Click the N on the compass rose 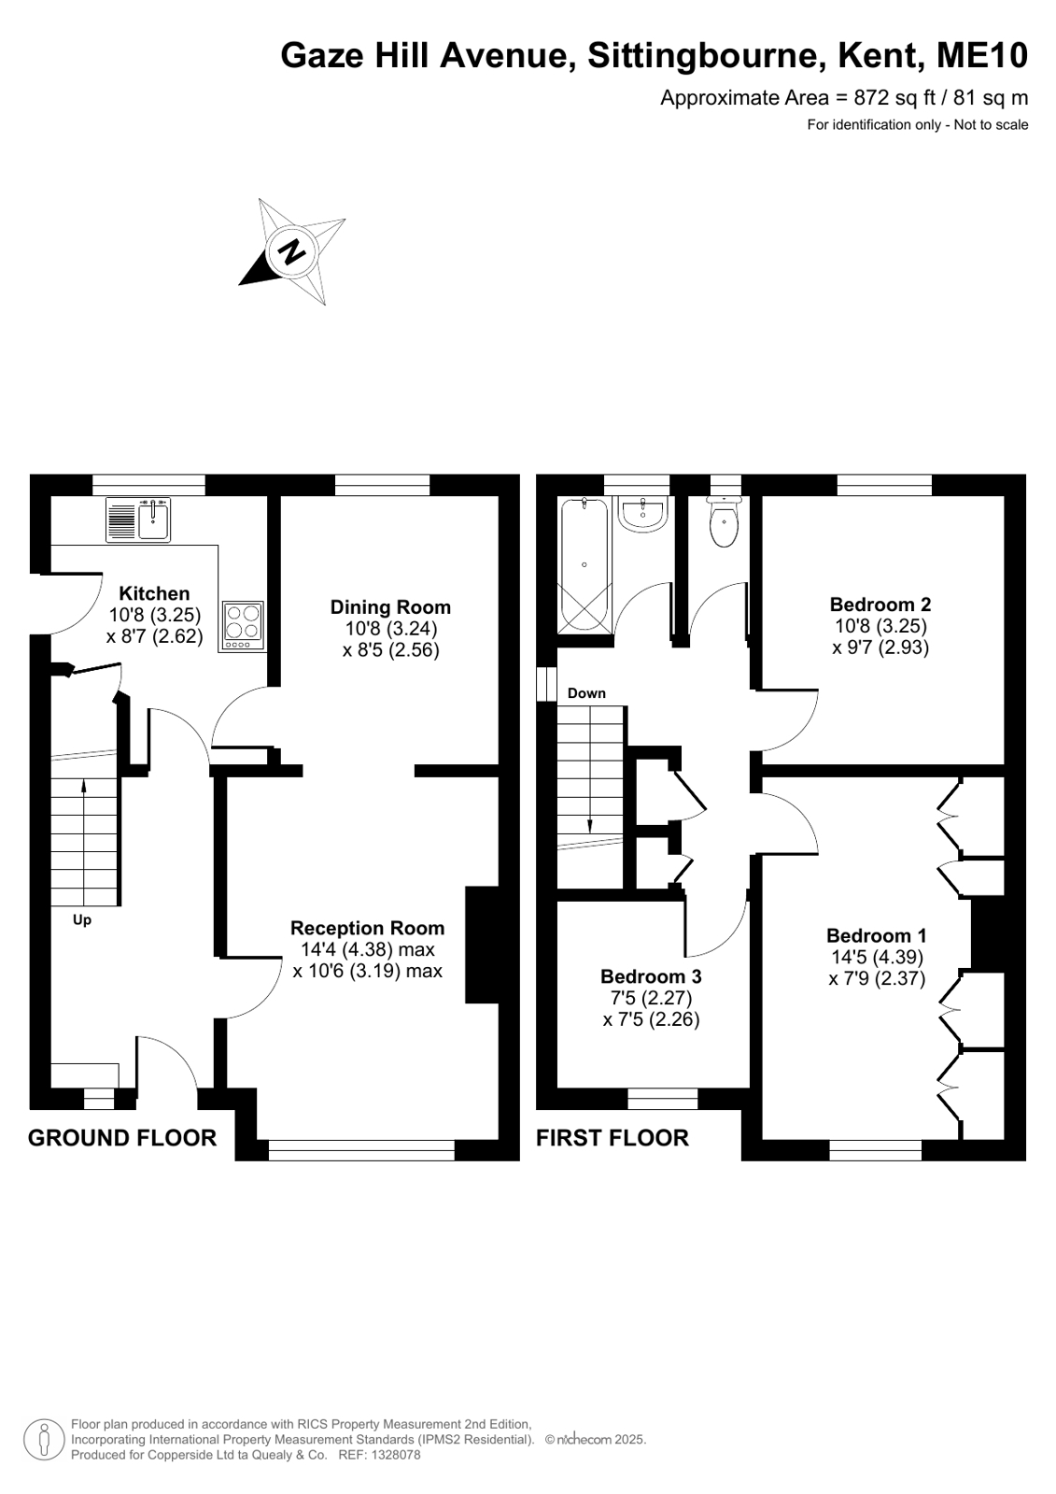[x=290, y=253]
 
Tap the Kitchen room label [x=154, y=593]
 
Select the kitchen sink [x=138, y=519]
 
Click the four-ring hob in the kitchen [x=243, y=626]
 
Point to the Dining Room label [x=390, y=607]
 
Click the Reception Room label [x=367, y=928]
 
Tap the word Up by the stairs [x=82, y=920]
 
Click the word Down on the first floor [x=586, y=693]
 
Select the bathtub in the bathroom [x=584, y=565]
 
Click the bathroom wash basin [x=642, y=515]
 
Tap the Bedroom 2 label [x=880, y=605]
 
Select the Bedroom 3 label [x=651, y=976]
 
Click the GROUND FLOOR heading [x=122, y=1138]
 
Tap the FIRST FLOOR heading [x=612, y=1138]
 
